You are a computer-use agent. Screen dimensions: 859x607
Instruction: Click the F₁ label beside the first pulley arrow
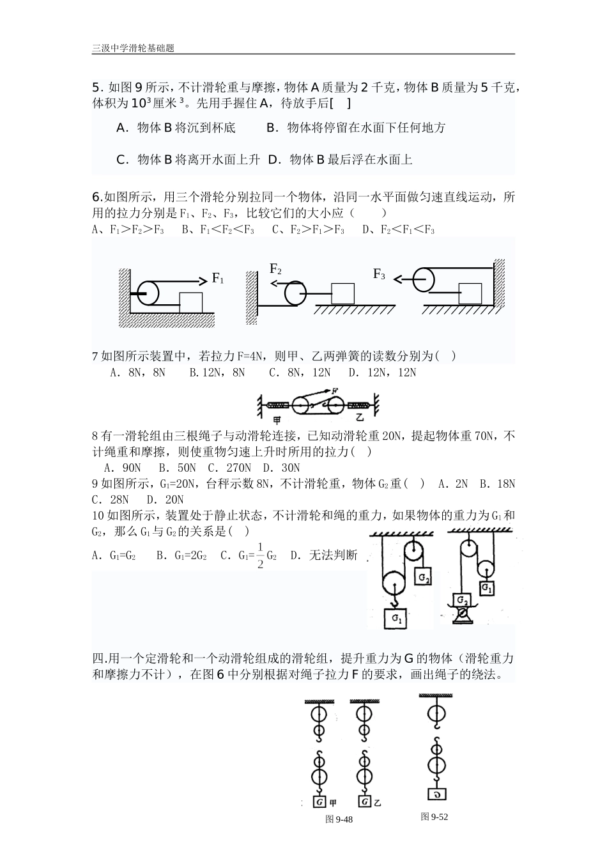[218, 279]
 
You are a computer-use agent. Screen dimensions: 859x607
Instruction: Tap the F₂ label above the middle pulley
[275, 269]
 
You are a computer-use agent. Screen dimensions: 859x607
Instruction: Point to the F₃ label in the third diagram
[379, 274]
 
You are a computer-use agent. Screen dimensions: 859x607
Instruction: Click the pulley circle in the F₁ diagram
[151, 293]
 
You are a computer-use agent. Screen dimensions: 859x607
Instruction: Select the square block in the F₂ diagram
[342, 293]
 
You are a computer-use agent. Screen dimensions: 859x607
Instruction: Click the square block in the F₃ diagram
[471, 293]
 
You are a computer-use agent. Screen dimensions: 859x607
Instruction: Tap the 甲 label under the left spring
[277, 419]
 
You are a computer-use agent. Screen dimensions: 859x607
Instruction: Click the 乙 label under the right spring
[360, 418]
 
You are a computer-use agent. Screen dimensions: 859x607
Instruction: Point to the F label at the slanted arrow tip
[335, 391]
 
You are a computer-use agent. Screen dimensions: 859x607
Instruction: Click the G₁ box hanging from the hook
[397, 618]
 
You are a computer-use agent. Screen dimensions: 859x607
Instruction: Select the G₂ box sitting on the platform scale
[462, 601]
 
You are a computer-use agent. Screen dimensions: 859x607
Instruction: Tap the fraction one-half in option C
[260, 555]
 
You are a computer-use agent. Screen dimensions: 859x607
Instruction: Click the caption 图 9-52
[434, 817]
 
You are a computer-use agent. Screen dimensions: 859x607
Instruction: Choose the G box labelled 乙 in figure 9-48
[364, 801]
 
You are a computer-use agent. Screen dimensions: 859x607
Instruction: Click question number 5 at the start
[96, 88]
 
